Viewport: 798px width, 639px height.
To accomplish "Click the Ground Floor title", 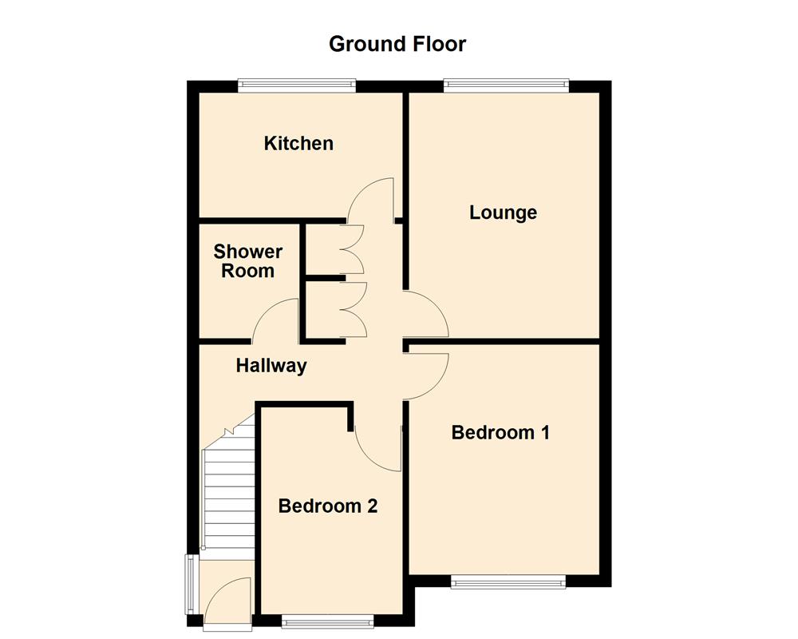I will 397,43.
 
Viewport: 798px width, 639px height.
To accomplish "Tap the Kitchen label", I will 298,144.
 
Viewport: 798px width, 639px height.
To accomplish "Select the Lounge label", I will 503,213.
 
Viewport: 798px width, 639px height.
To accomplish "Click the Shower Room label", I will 247,261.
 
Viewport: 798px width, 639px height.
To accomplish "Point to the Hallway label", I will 271,367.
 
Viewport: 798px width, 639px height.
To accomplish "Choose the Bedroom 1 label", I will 500,433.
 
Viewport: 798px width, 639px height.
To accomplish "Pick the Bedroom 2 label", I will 327,506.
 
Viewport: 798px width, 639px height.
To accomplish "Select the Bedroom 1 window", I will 508,582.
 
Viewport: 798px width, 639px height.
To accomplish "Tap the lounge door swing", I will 426,315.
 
